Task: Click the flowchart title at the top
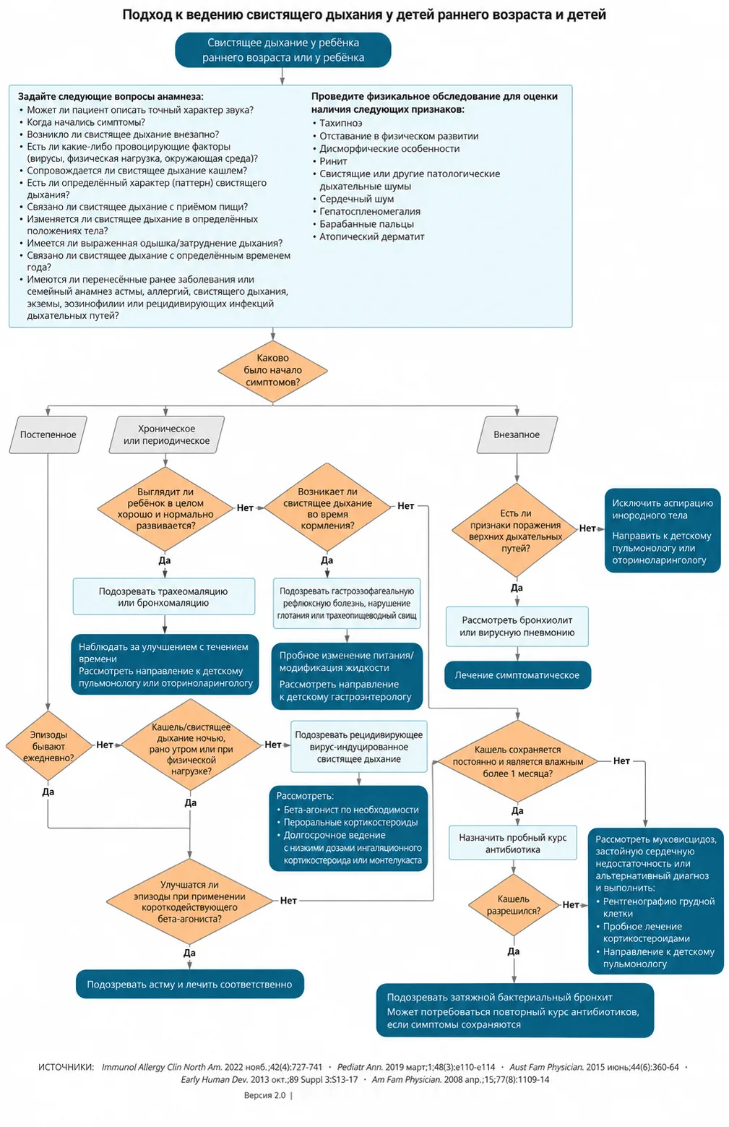click(x=364, y=14)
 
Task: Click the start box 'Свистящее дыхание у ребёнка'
click(x=283, y=50)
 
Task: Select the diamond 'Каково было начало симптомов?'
click(x=272, y=370)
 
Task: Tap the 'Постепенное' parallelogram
click(x=48, y=434)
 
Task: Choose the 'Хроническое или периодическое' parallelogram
click(x=166, y=434)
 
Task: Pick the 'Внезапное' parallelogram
click(x=517, y=434)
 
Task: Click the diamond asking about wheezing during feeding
click(x=327, y=507)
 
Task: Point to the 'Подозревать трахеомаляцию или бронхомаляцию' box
click(x=164, y=596)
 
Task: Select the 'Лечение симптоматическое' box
click(x=517, y=675)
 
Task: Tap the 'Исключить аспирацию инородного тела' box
click(x=663, y=531)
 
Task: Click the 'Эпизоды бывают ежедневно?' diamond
click(x=48, y=745)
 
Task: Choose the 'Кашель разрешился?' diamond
click(x=513, y=904)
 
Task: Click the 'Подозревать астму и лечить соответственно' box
click(x=189, y=984)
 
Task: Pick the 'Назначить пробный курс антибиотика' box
click(x=513, y=843)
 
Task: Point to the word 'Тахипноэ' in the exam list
click(x=341, y=123)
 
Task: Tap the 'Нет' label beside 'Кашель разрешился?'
click(x=571, y=904)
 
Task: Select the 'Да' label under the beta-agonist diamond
click(x=189, y=952)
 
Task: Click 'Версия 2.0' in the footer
click(x=264, y=1095)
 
